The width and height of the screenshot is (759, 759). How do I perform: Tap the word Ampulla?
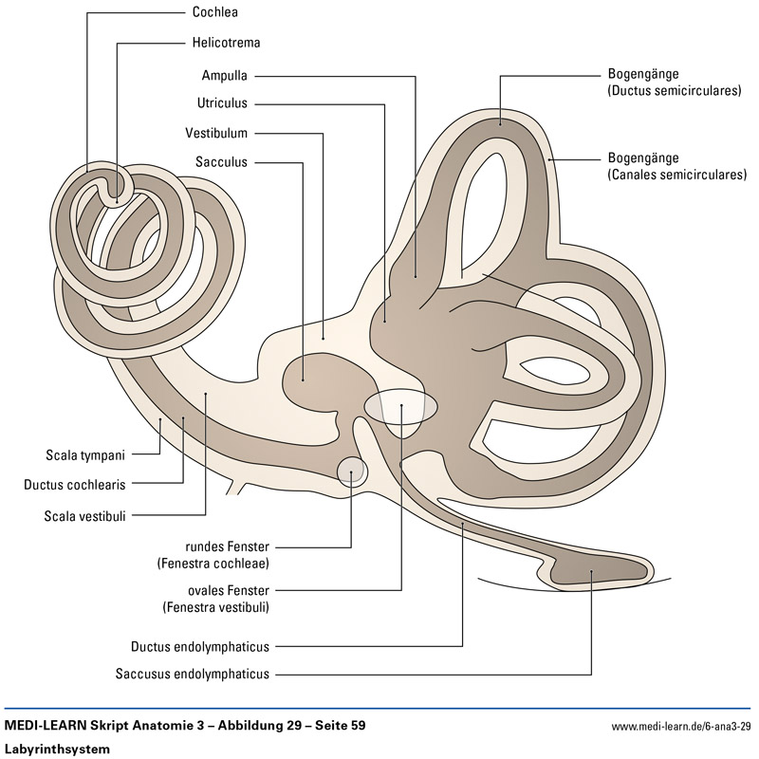point(224,76)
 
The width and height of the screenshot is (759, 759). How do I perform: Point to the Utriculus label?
point(223,103)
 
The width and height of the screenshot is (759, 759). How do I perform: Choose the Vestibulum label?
point(216,133)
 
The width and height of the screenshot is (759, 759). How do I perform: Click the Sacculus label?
point(222,162)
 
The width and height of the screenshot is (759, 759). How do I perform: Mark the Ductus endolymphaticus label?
point(200,647)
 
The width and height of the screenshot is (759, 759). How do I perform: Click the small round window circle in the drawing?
point(351,470)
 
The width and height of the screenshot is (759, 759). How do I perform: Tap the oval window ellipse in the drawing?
point(400,406)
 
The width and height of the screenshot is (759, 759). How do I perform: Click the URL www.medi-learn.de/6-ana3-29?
point(681,727)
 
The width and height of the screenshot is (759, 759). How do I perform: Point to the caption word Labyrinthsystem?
point(58,749)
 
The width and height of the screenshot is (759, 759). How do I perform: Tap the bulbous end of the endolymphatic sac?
point(588,571)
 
